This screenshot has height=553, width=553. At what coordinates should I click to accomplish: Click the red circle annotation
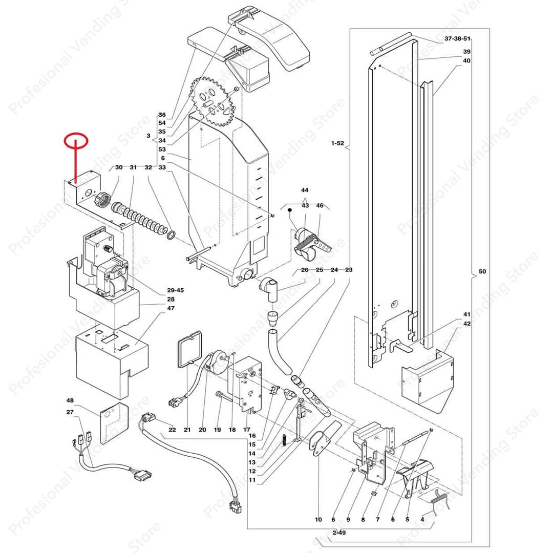(76, 140)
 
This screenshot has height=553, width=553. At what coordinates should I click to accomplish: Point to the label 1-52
(337, 144)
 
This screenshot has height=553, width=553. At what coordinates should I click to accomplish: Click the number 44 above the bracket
(305, 189)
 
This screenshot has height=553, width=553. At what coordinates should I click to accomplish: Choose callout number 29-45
(176, 290)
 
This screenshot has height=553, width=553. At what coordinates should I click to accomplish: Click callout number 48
(70, 400)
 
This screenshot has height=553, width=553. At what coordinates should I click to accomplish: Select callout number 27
(70, 412)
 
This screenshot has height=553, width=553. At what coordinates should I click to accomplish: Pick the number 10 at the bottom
(318, 520)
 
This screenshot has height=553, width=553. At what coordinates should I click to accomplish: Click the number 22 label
(172, 430)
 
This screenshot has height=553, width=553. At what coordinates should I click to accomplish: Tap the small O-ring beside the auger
(173, 235)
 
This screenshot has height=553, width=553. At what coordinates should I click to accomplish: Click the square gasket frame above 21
(190, 349)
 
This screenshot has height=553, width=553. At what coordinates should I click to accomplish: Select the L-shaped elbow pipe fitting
(270, 288)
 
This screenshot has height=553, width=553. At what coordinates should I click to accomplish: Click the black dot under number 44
(289, 210)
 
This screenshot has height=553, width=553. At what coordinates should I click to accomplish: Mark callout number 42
(466, 324)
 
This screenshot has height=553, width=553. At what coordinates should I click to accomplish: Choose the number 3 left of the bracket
(148, 136)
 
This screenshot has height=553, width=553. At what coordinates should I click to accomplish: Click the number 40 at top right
(466, 60)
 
